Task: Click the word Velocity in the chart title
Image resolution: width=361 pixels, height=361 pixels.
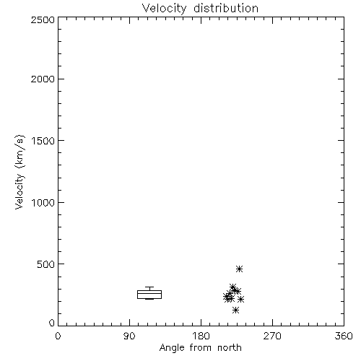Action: [164, 9]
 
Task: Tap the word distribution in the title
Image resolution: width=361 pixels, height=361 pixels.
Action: [226, 8]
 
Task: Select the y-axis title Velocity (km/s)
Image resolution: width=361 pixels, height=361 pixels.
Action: [19, 172]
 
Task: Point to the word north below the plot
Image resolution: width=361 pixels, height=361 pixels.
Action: [230, 347]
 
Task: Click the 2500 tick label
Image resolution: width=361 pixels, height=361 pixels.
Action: [43, 19]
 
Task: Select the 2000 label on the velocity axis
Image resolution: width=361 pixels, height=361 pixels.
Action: [43, 79]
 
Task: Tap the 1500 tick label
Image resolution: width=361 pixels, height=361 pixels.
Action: [43, 141]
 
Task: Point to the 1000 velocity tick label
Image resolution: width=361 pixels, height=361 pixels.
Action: [43, 202]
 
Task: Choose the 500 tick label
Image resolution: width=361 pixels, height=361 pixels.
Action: [45, 264]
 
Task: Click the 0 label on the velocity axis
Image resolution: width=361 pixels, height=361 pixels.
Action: [52, 323]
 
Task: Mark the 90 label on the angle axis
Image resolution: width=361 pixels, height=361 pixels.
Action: [129, 336]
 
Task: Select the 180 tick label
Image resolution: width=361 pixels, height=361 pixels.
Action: [201, 336]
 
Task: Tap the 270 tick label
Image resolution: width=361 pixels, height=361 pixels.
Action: [272, 336]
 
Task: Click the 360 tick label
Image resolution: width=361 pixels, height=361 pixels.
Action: [344, 336]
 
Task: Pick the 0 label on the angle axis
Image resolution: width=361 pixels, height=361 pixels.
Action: [58, 336]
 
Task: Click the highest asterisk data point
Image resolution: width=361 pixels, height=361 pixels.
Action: [239, 269]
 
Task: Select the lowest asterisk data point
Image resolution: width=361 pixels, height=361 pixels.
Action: [236, 310]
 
